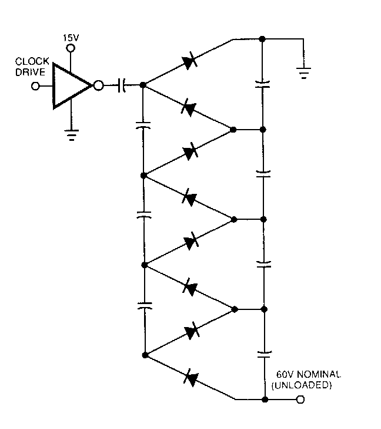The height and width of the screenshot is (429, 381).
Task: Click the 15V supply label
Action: [71, 38]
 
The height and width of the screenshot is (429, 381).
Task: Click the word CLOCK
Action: [32, 61]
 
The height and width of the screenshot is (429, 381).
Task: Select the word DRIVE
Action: [30, 72]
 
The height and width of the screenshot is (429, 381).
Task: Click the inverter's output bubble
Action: [99, 85]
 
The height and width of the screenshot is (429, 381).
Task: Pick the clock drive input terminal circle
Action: [35, 86]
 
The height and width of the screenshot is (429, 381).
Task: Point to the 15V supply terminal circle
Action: [71, 48]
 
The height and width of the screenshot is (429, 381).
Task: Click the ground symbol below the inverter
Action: [72, 135]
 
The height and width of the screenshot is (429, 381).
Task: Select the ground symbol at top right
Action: [303, 73]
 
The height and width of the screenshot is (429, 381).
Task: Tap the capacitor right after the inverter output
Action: [122, 85]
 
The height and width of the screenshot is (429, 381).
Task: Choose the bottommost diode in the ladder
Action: [190, 378]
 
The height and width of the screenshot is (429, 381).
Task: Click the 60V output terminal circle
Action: [300, 400]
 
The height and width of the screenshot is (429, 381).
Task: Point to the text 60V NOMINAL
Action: [309, 374]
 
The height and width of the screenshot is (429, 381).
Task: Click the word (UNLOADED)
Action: [302, 385]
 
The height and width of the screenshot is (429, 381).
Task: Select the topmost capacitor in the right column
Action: [263, 84]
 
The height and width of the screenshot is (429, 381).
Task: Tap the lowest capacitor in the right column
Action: [265, 354]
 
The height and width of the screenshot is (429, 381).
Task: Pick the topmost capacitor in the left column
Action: [143, 126]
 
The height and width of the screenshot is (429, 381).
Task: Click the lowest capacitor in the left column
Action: [145, 306]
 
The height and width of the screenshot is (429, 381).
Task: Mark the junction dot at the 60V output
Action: [265, 400]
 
